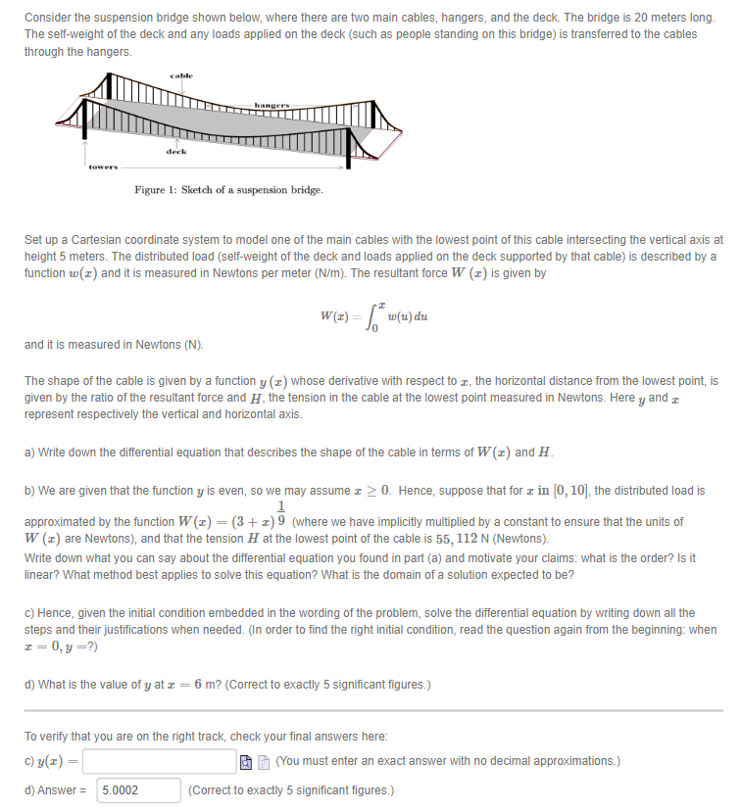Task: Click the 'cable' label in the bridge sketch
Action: coord(181,75)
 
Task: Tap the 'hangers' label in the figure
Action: coord(272,104)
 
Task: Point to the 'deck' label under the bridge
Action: coord(176,152)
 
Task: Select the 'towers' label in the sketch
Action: coord(104,167)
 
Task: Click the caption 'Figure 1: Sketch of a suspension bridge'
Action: coord(228,189)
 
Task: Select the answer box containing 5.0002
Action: coord(139,789)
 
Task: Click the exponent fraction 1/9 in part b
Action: coord(282,514)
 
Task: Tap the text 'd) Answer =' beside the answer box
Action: coord(57,789)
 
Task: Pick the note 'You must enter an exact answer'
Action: coord(446,761)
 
